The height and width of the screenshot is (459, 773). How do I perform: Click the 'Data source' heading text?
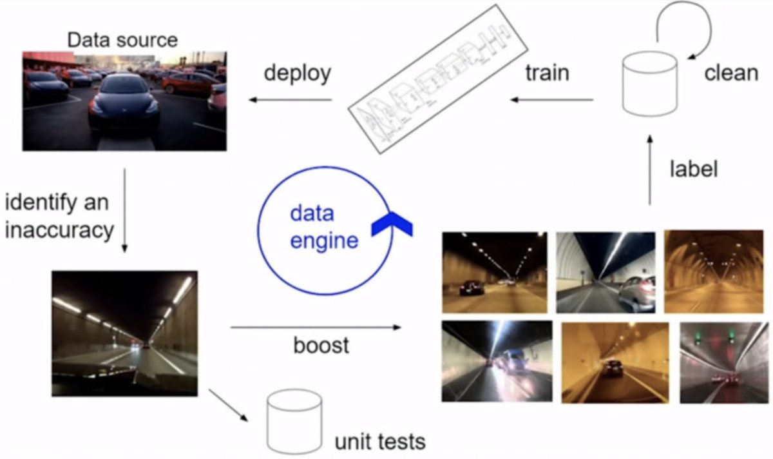(x=122, y=40)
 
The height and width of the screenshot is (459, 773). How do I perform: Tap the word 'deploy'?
(x=297, y=72)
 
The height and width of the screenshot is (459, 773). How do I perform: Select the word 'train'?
(x=547, y=72)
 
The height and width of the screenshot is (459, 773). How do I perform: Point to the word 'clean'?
(x=730, y=72)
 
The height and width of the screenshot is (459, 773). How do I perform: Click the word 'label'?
(x=693, y=169)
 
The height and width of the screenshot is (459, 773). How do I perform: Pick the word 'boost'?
(x=321, y=345)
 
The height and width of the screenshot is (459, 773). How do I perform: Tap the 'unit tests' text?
(x=379, y=442)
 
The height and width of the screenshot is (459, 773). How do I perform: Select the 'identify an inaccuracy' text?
(x=58, y=216)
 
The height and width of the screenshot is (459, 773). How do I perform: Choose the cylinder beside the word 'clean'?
(x=649, y=84)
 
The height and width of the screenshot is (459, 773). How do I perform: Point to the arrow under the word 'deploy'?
(x=291, y=100)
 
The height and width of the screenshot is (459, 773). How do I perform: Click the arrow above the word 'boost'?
(x=316, y=327)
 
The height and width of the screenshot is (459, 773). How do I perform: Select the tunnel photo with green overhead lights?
(x=723, y=362)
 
